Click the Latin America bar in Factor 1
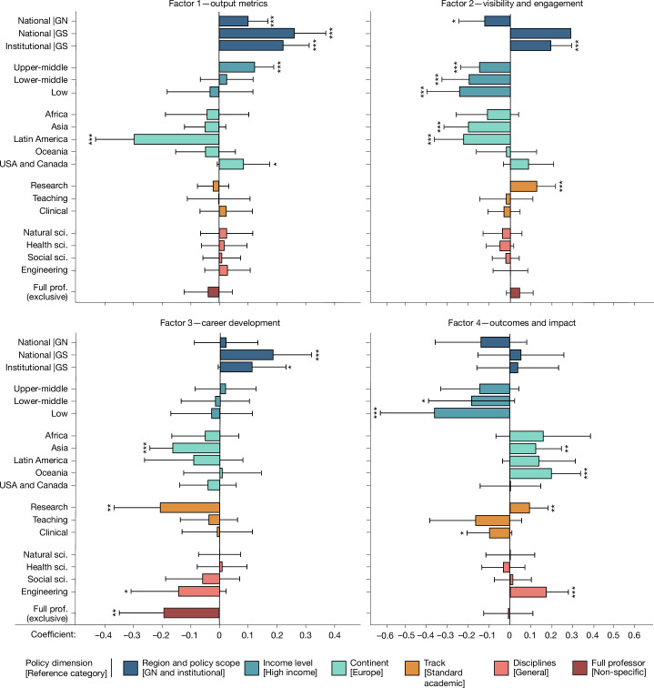click(x=176, y=139)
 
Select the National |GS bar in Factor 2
click(x=540, y=34)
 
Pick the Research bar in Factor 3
click(x=190, y=508)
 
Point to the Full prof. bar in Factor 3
click(x=192, y=612)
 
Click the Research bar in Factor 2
click(x=524, y=186)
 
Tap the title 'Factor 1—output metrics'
click(x=218, y=6)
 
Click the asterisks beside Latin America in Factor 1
click(x=92, y=139)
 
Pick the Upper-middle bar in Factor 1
click(x=236, y=67)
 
